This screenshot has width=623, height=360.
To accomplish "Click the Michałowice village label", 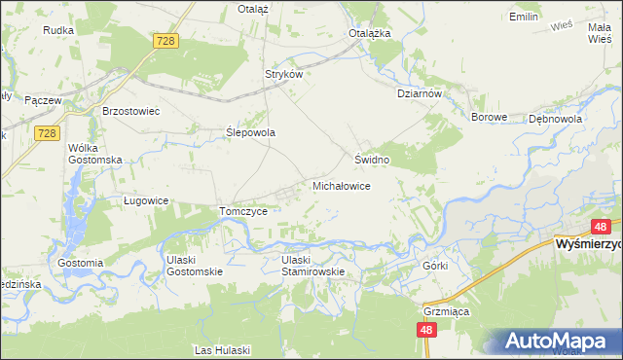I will (x=340, y=185).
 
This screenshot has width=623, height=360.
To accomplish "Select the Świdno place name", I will (x=372, y=159).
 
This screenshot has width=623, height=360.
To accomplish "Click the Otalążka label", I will (x=370, y=32).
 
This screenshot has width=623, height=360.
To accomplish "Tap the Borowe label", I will (x=490, y=118).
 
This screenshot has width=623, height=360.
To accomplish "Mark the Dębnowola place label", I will (x=555, y=118).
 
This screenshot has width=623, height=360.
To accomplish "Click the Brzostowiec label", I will (x=130, y=111).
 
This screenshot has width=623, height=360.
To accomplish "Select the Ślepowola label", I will (x=251, y=132).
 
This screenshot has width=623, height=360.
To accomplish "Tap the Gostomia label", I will (x=81, y=263).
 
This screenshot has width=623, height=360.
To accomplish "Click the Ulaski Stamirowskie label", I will (x=313, y=266).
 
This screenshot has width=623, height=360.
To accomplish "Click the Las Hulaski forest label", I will (x=223, y=349).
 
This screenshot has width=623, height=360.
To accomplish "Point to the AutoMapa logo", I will (x=557, y=342).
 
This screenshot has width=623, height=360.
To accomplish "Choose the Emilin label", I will (x=524, y=17).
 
